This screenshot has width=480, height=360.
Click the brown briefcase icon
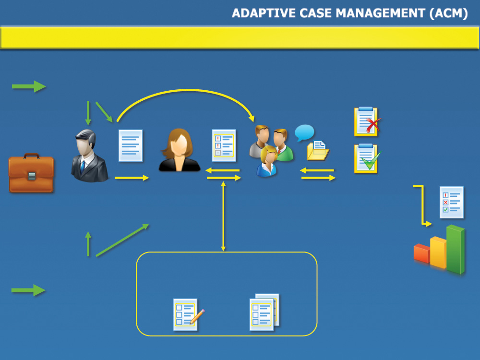point(31,173)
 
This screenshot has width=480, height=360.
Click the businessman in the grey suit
point(89,156)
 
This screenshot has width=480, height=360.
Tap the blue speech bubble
point(304,132)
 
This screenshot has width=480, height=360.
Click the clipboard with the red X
point(367,122)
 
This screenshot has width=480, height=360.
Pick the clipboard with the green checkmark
point(367,158)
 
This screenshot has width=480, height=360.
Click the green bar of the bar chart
point(456,249)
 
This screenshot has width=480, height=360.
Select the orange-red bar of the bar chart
point(421,253)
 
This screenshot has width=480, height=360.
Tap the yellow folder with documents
point(318,151)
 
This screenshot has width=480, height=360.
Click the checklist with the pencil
point(187,315)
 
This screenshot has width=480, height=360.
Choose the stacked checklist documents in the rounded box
point(264,312)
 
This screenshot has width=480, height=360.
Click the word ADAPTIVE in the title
point(264,13)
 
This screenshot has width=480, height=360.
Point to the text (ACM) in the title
point(448,13)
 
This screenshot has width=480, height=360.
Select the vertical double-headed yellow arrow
point(223,216)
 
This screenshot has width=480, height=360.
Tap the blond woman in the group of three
point(267,161)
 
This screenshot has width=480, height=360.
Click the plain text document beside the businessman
point(131,145)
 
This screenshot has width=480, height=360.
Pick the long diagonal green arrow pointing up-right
point(122,240)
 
